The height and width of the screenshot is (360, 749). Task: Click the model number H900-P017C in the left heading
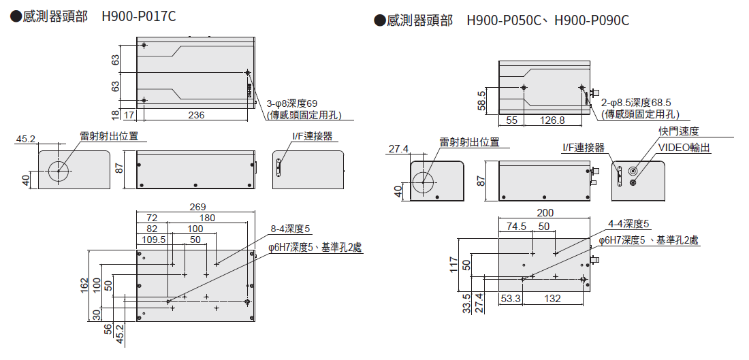(139, 16)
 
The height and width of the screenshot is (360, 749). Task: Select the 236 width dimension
(196, 115)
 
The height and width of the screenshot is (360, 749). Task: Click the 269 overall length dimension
(196, 206)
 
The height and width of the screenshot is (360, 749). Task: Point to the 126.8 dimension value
(552, 120)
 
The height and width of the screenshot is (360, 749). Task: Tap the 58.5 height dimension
(482, 100)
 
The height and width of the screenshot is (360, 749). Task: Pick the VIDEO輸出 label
(684, 147)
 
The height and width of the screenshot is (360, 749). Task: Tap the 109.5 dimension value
(155, 240)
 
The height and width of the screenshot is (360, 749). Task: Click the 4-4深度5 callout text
(628, 223)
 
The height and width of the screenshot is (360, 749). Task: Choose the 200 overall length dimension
(545, 212)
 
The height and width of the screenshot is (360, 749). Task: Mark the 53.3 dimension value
(510, 298)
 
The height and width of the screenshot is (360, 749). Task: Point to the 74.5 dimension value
(515, 226)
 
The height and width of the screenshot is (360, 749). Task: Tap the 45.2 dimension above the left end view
(25, 139)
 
